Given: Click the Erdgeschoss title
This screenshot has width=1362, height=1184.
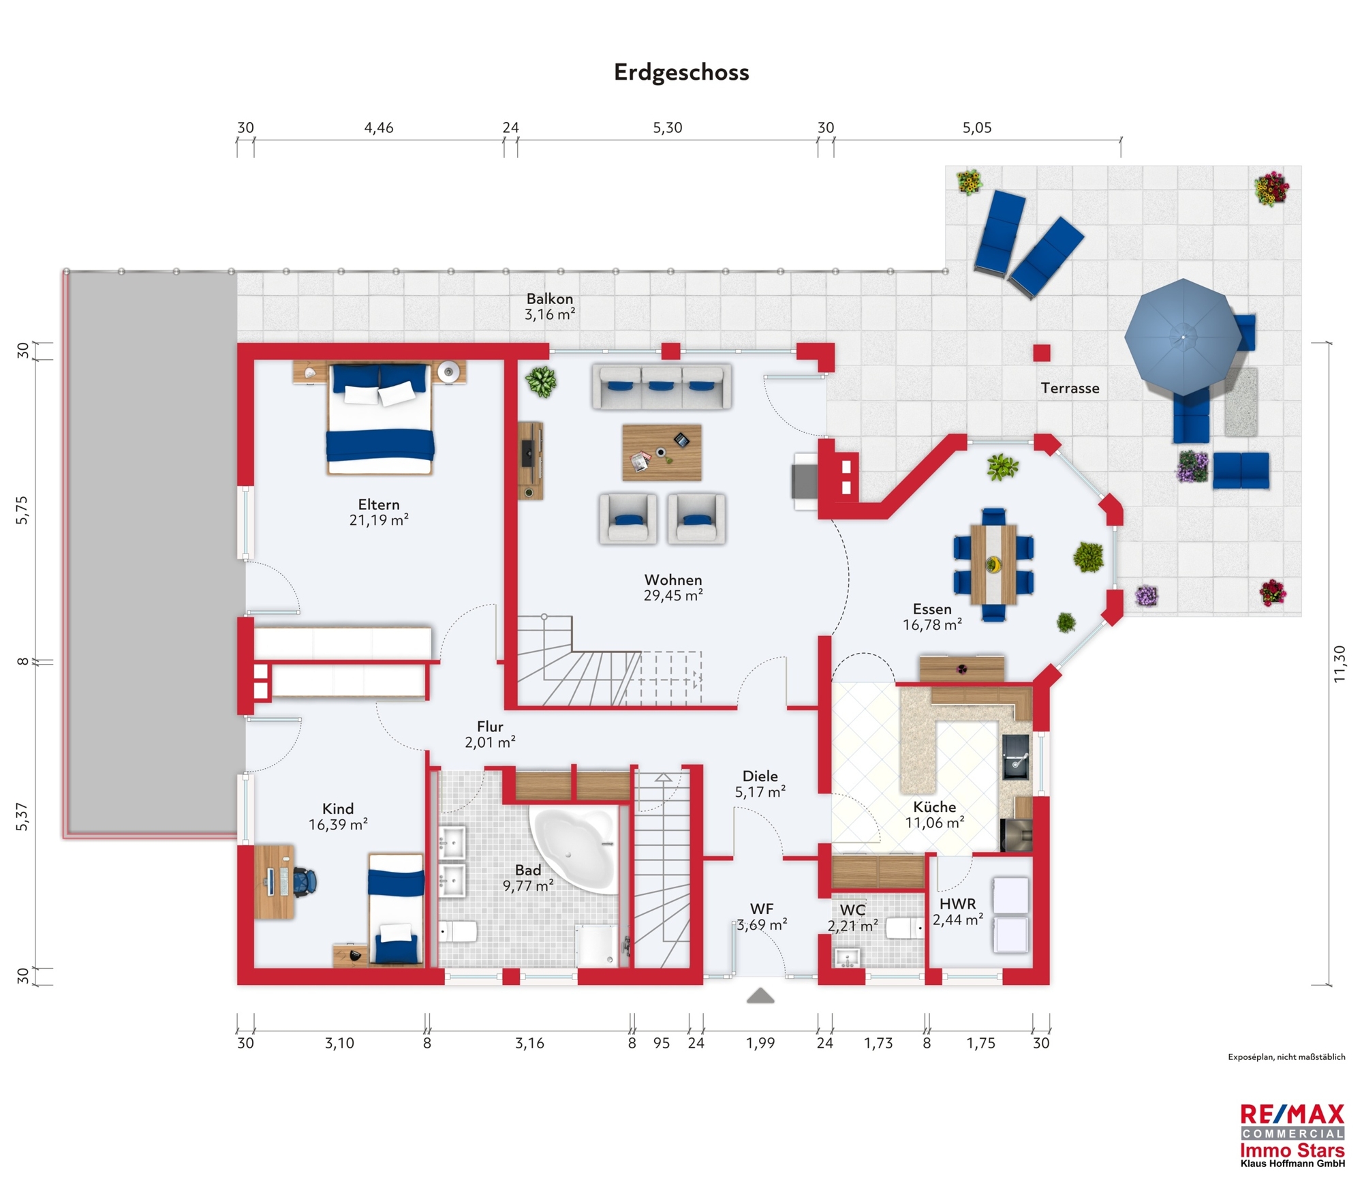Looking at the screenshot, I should pyautogui.click(x=681, y=72).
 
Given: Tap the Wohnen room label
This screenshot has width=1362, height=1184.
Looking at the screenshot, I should pyautogui.click(x=672, y=579).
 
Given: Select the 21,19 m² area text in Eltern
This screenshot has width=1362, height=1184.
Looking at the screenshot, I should pyautogui.click(x=379, y=520).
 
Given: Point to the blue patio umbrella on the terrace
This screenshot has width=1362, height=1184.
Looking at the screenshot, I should pyautogui.click(x=1183, y=337).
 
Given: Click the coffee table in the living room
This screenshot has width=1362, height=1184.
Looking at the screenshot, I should pyautogui.click(x=662, y=453).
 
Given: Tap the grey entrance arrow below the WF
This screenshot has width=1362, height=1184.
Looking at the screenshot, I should pyautogui.click(x=760, y=996).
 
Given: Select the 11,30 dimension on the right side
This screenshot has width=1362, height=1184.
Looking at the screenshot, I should pyautogui.click(x=1340, y=663).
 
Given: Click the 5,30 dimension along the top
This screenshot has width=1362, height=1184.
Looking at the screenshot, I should pyautogui.click(x=667, y=127).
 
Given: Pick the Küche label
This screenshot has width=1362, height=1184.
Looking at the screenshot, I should pyautogui.click(x=934, y=806).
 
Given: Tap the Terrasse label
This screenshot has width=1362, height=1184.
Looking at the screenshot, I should pyautogui.click(x=1070, y=389).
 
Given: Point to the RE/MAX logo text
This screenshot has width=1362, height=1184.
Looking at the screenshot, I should pyautogui.click(x=1292, y=1115).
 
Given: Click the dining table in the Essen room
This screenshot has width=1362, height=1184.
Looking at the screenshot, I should pyautogui.click(x=993, y=564).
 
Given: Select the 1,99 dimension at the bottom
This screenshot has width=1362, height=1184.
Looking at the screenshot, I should pyautogui.click(x=760, y=1043).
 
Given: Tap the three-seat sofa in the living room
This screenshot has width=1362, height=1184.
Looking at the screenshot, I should pyautogui.click(x=662, y=386).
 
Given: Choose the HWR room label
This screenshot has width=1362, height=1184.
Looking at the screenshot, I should pyautogui.click(x=957, y=904).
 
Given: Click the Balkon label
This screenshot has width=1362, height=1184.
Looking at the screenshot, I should pyautogui.click(x=549, y=299).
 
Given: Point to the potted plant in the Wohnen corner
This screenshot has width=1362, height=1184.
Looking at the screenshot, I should pyautogui.click(x=542, y=382).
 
